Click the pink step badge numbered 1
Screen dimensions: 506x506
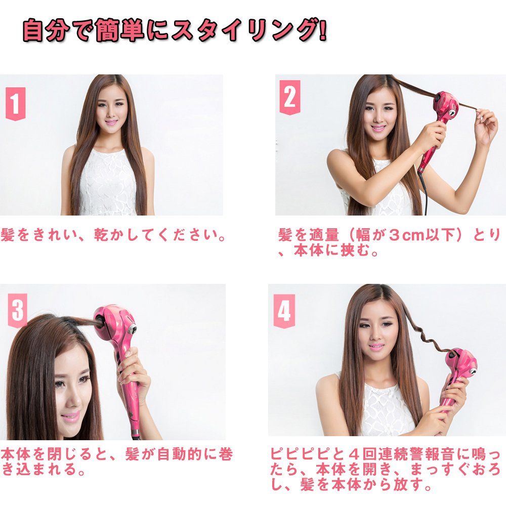coord(15,104)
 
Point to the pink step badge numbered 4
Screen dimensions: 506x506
coord(284,311)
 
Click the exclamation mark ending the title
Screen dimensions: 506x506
coord(322,31)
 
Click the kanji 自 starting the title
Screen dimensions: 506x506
coord(33,31)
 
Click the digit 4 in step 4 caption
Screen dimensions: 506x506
coord(353,454)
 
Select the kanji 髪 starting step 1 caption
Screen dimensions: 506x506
coord(7,235)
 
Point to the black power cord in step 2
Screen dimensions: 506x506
coord(426,194)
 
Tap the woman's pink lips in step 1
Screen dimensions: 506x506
coord(111,123)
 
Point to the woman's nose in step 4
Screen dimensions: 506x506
coord(375,335)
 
